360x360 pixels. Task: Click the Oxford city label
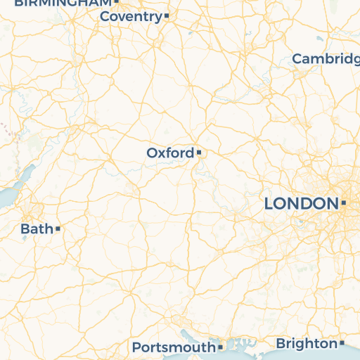point(169,153)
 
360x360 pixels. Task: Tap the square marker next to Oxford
point(199,152)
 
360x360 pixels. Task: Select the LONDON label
point(301,204)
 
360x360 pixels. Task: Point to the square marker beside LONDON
point(344,204)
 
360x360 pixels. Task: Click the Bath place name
point(37,229)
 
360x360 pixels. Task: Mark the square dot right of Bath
point(58,229)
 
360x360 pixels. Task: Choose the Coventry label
point(131,16)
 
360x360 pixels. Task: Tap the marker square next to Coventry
point(167,15)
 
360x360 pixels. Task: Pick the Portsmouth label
point(173,347)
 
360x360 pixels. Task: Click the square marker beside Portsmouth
point(220,347)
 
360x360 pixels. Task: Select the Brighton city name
point(307,344)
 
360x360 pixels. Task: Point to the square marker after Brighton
point(342,343)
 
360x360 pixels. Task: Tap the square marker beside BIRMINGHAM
point(116,2)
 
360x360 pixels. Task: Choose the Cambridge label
point(326,59)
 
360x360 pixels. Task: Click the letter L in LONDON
point(269,204)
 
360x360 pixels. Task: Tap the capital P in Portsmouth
point(136,347)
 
